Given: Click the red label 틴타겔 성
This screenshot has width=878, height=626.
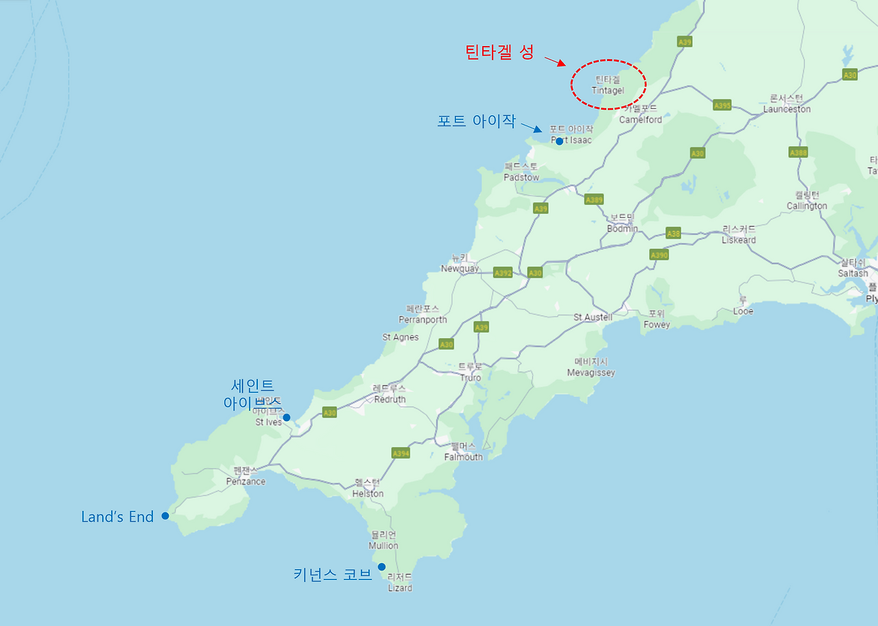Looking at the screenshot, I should coord(499,52).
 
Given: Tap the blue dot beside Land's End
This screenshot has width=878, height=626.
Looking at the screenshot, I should coord(165,516).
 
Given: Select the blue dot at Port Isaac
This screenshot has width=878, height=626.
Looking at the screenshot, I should coord(559,141).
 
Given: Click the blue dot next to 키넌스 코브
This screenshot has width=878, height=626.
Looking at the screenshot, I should coord(381,567).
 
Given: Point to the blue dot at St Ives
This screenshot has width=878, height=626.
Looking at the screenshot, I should coord(286,417).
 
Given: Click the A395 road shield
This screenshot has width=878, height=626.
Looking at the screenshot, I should coord(722,106).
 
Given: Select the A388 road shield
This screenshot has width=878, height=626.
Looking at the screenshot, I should coord(798,152).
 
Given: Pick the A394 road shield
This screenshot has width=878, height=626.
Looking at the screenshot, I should coord(401,453).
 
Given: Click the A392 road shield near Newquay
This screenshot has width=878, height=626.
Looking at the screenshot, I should coord(503,273).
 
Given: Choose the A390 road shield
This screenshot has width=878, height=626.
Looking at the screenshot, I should coord(658,255).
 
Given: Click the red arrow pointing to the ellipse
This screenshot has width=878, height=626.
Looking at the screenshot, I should coord(555,62).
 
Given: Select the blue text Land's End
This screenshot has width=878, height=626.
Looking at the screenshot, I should coord(117,517).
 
